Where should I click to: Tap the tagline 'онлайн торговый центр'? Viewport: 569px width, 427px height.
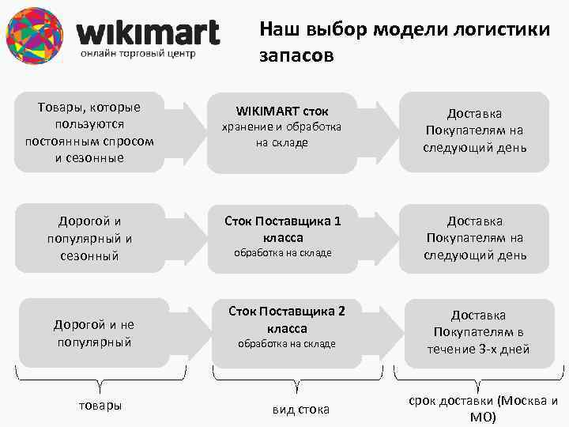pyautogui.click(x=138, y=54)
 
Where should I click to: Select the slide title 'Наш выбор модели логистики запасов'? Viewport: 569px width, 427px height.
pyautogui.click(x=404, y=42)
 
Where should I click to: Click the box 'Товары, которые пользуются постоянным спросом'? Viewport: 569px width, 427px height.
pyautogui.click(x=89, y=132)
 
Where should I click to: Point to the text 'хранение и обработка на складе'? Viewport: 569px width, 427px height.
pyautogui.click(x=282, y=134)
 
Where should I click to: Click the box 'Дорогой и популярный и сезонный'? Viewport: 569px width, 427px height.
pyautogui.click(x=89, y=238)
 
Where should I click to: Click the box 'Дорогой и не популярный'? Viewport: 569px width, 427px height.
pyautogui.click(x=93, y=333)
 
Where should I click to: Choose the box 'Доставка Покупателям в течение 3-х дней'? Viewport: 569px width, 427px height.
pyautogui.click(x=477, y=332)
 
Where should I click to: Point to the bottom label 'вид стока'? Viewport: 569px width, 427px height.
pyautogui.click(x=300, y=409)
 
